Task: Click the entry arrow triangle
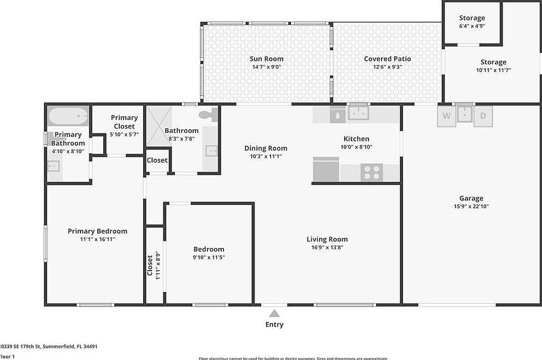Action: coord(274,313)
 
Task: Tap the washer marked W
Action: coord(447,116)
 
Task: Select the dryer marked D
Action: coord(483,116)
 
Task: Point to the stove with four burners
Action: coord(371,173)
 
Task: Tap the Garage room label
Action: coord(471,198)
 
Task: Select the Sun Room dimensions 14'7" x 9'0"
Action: coord(266,67)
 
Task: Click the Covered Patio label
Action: coord(387,59)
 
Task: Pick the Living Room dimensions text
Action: coord(327,247)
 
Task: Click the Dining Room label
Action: coord(266,148)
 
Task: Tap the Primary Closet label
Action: coord(124,122)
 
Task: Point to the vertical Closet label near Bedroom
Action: coord(150,265)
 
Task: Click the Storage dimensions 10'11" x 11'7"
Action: coord(493,70)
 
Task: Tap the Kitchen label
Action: coord(356,139)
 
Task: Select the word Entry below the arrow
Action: coord(274,325)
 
